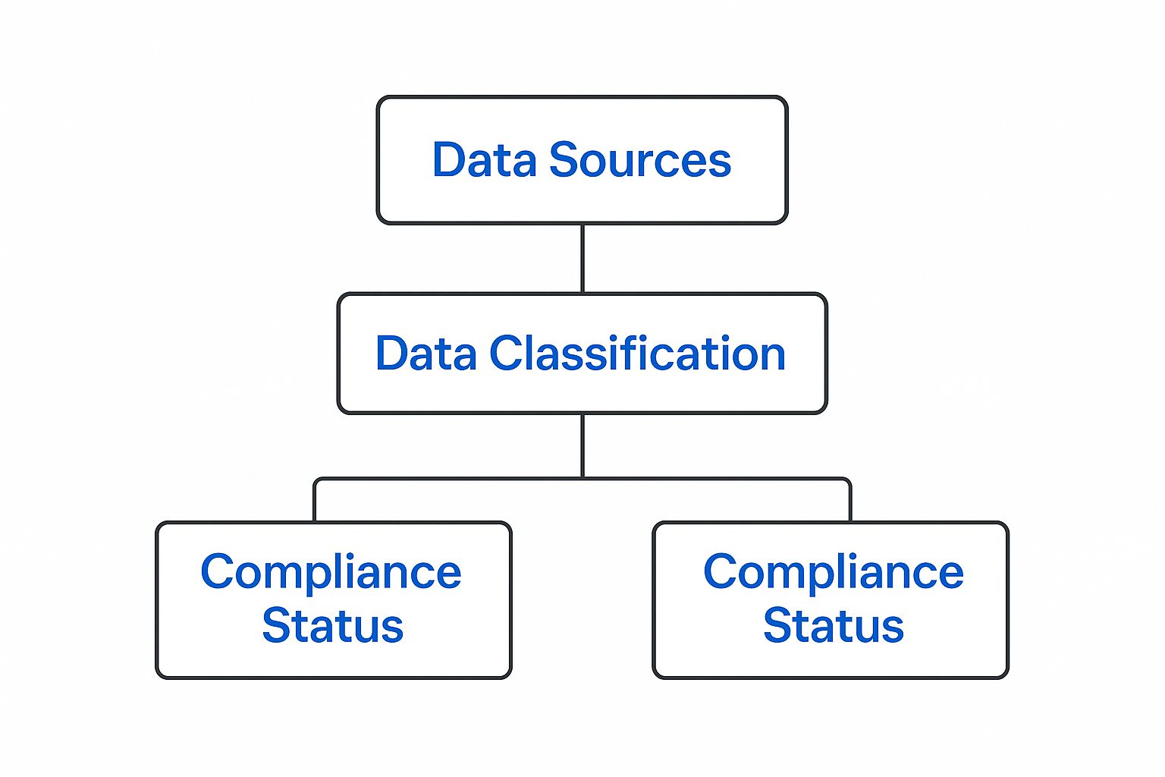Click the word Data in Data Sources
coord(483,160)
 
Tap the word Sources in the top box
coord(639,160)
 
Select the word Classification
coord(637,354)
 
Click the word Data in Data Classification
coord(425,354)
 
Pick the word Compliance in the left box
coord(331,572)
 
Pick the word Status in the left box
coord(332,626)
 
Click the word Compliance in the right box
coord(833,572)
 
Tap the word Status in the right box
coord(833,626)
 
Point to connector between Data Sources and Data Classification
coord(582,258)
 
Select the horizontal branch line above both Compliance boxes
coord(455,479)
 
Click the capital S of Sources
coord(564,160)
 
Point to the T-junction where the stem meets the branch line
coord(582,478)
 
